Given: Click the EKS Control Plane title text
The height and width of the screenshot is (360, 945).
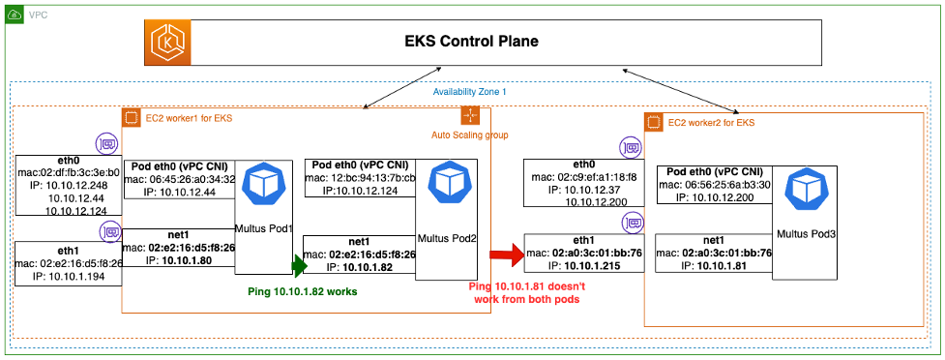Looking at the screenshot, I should point(470,42).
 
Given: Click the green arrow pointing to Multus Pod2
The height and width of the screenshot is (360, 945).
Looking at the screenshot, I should point(300,263).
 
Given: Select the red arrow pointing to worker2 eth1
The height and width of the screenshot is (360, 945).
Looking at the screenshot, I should point(502,256).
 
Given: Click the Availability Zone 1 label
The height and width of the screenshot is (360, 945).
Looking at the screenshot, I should point(471,92).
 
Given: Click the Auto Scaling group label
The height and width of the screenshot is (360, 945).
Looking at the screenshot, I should point(469,135).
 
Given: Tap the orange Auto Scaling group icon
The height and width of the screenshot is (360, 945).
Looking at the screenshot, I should point(469,116).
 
